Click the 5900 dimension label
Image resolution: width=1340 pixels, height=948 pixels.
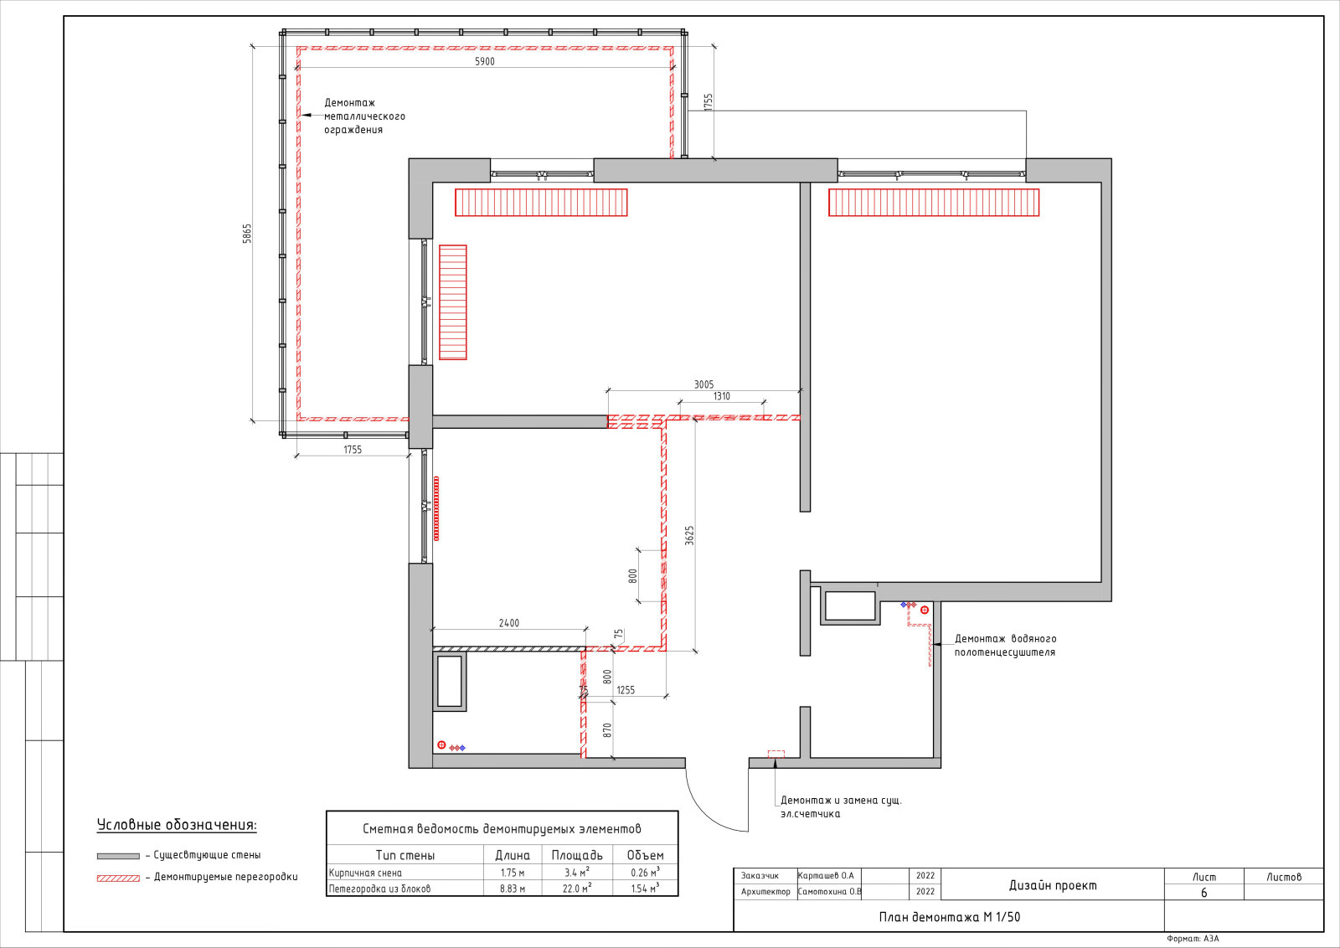(485, 62)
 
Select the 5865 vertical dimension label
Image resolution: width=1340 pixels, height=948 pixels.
(247, 234)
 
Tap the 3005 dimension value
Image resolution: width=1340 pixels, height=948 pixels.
(703, 384)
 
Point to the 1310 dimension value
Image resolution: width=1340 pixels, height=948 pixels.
(721, 396)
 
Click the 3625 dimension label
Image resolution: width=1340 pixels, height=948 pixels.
(690, 535)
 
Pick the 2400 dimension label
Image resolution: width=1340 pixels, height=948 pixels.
(509, 623)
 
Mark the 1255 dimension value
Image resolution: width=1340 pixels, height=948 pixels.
(626, 690)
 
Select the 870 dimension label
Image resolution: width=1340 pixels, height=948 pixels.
(607, 730)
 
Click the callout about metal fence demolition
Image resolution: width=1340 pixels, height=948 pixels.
(364, 116)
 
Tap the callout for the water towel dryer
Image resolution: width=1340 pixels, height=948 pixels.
(1005, 646)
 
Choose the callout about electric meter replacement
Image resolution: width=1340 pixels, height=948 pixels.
(841, 806)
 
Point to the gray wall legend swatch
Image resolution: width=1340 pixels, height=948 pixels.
(118, 857)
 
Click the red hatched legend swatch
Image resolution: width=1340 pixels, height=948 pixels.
(118, 878)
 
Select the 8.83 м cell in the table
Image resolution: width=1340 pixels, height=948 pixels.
(513, 889)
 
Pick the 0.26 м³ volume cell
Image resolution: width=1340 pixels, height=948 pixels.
(645, 872)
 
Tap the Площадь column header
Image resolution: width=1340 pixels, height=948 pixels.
(577, 855)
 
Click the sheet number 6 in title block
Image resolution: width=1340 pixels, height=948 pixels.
(1204, 893)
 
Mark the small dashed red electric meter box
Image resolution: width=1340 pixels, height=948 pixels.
(776, 755)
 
